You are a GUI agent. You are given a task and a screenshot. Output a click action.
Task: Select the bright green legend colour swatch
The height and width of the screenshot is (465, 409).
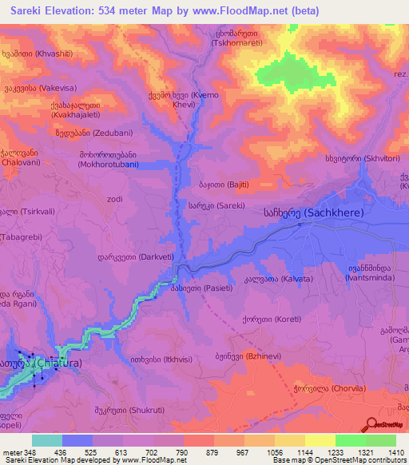351,440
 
